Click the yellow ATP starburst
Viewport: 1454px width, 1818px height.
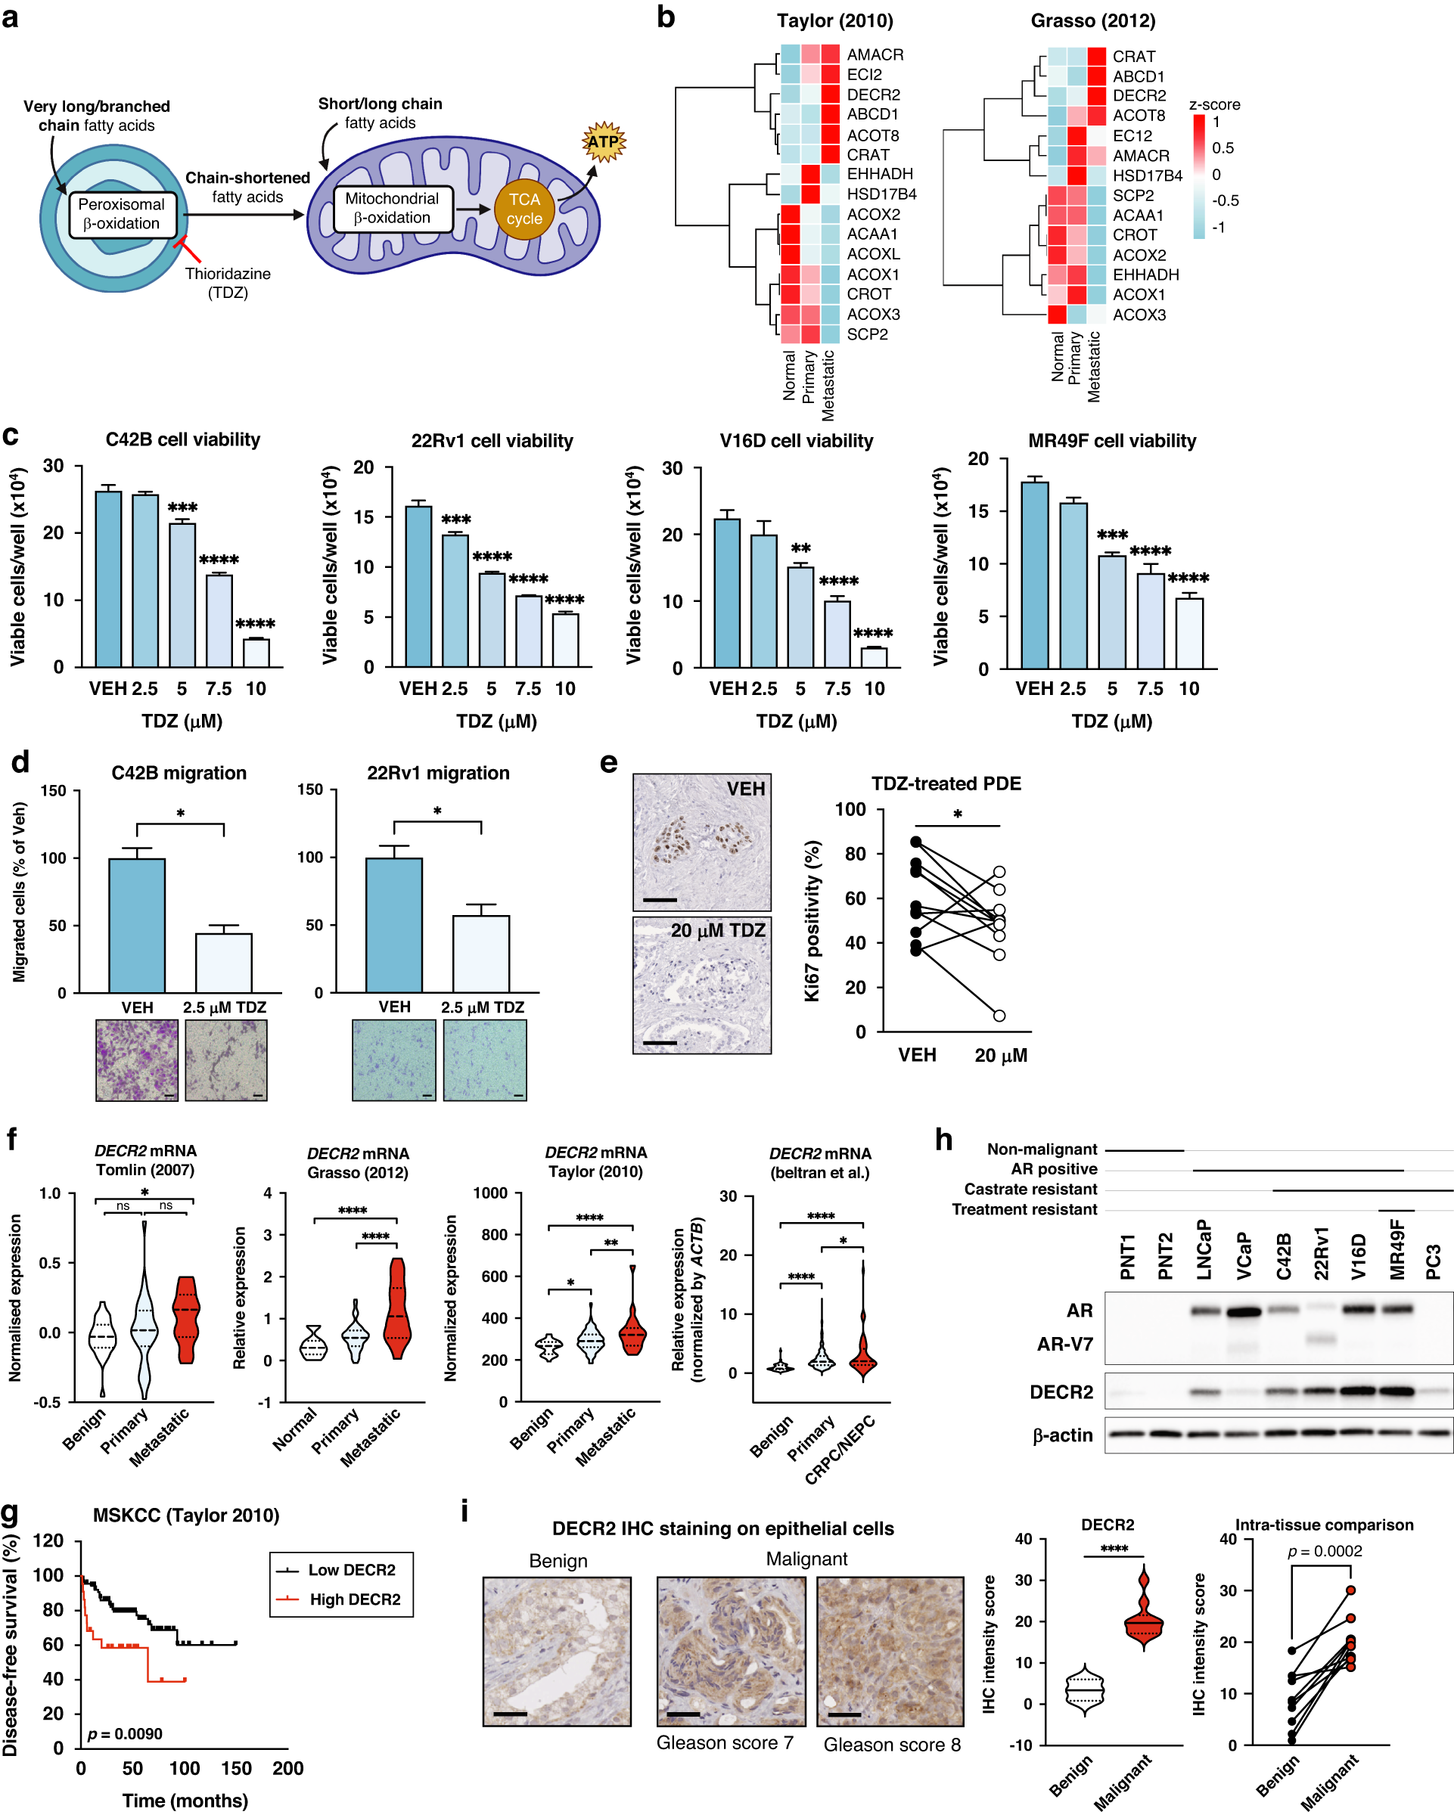tap(603, 141)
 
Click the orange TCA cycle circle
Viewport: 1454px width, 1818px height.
tap(524, 209)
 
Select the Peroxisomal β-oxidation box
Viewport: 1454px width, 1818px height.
tap(122, 214)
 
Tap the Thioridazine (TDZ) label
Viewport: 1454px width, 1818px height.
tap(228, 284)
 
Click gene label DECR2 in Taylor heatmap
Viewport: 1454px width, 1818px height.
tap(873, 95)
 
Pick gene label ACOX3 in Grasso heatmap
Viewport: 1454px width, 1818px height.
tap(1139, 315)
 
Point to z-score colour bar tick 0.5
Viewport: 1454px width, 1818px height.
tap(1222, 147)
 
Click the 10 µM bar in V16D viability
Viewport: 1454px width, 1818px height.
tap(874, 657)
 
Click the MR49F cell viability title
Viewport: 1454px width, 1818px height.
tap(1111, 441)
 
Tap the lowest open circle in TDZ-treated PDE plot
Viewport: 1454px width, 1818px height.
tap(999, 1015)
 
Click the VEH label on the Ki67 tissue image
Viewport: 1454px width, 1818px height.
tap(746, 789)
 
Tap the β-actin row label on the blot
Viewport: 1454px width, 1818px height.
tap(1062, 1435)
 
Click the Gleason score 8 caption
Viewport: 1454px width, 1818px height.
tap(891, 1745)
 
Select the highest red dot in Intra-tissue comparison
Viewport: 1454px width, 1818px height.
tap(1350, 1590)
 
